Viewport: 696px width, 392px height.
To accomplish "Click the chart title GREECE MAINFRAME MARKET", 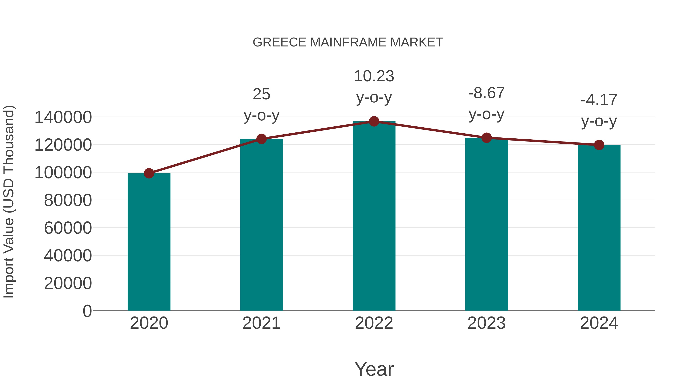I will click(x=348, y=42).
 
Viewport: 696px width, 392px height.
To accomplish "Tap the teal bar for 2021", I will click(x=261, y=225).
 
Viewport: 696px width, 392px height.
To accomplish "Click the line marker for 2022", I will click(x=374, y=121).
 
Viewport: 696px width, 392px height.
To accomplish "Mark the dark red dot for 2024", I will click(x=599, y=145).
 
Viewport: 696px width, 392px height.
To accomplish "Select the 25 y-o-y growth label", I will click(x=261, y=105).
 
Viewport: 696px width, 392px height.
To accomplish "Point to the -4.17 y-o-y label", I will click(x=599, y=111).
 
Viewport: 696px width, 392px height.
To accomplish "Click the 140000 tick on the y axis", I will click(x=63, y=118).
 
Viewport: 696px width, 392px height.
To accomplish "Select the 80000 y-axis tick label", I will click(x=68, y=201).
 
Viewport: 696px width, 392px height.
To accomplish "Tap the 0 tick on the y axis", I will click(x=87, y=311).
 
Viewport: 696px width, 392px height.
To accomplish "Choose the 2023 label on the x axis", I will click(x=486, y=323).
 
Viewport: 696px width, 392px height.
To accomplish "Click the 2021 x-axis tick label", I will click(x=261, y=323).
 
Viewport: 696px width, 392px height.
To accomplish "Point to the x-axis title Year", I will click(x=374, y=369).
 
